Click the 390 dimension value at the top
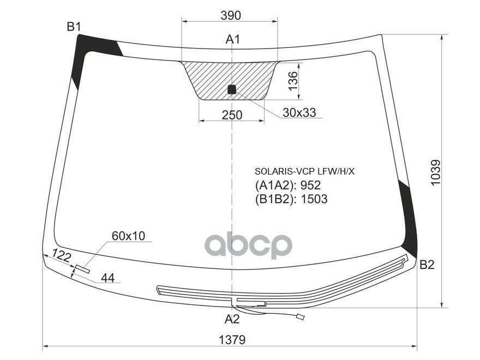point(231,15)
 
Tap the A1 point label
point(233,39)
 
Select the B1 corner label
point(74,27)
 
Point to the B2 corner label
point(427,265)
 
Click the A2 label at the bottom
point(232,319)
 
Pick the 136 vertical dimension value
point(293,81)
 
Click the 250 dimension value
point(232,115)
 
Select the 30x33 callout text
point(299,113)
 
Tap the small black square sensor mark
point(232,89)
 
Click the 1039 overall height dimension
point(435,172)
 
